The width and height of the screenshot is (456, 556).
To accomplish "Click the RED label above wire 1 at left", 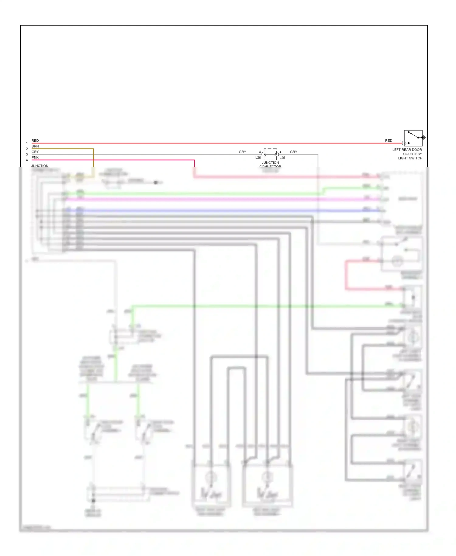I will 35,141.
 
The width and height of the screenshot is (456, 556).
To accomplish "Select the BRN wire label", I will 35,146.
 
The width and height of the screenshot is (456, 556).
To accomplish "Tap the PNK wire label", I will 35,158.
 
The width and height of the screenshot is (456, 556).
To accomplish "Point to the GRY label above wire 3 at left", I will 35,152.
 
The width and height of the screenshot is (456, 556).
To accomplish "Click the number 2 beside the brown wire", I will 27,149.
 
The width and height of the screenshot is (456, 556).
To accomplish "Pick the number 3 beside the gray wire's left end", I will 27,155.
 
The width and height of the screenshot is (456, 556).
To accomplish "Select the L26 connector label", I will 258,158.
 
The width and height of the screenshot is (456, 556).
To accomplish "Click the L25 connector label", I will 282,158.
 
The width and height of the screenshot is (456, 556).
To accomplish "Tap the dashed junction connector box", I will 270,154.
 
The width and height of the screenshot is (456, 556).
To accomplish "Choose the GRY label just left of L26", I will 242,152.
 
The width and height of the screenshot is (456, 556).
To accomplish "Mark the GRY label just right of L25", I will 293,152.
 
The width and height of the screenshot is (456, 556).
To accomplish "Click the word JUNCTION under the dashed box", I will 270,163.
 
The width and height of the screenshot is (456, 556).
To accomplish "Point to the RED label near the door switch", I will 389,141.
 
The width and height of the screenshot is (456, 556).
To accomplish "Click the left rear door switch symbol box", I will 413,138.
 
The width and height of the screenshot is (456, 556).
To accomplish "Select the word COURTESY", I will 412,154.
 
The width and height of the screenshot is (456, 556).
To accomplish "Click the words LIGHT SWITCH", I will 410,158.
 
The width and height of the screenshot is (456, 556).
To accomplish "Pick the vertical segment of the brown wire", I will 93,158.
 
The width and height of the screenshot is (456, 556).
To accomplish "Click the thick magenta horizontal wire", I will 213,199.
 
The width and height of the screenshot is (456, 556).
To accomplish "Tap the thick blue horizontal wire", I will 213,210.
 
